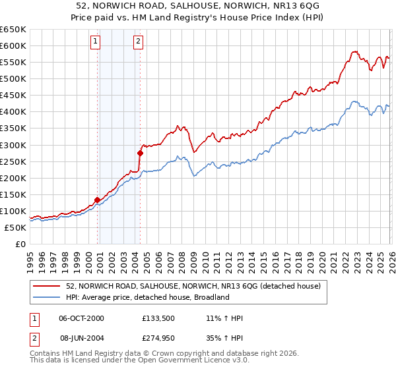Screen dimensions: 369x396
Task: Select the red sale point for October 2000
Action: pyautogui.click(x=97, y=200)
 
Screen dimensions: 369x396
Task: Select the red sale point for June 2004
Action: pyautogui.click(x=140, y=153)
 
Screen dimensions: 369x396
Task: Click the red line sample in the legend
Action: pyautogui.click(x=47, y=286)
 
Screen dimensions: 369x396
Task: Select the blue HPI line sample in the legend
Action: pyautogui.click(x=47, y=298)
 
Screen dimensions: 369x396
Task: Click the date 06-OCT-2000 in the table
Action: pyautogui.click(x=81, y=319)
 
